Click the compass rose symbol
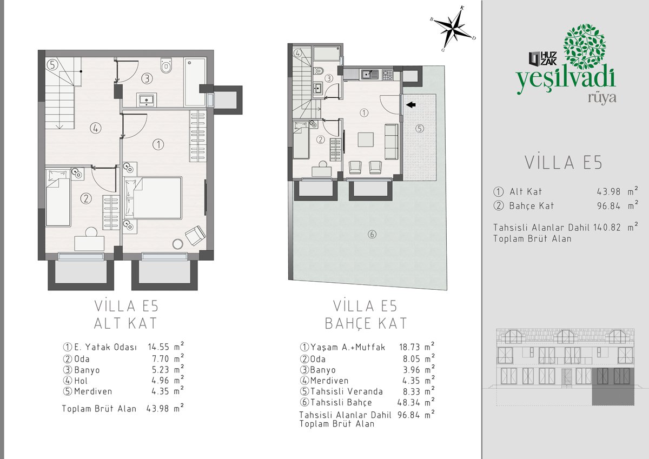(x=453, y=28)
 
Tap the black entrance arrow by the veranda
(x=410, y=104)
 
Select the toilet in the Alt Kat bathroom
(x=166, y=65)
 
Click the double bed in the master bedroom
(x=153, y=198)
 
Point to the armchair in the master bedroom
(x=195, y=235)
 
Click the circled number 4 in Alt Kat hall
(x=95, y=128)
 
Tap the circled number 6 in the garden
(x=372, y=234)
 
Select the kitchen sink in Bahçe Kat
(x=369, y=75)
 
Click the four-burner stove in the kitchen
(x=388, y=75)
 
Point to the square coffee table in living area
(x=366, y=139)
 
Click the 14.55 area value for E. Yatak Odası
(x=158, y=347)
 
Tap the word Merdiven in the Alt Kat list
(x=93, y=391)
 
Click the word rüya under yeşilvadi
(x=602, y=98)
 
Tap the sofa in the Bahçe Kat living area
(x=392, y=141)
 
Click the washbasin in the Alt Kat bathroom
(x=147, y=99)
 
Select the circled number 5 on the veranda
(x=420, y=128)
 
